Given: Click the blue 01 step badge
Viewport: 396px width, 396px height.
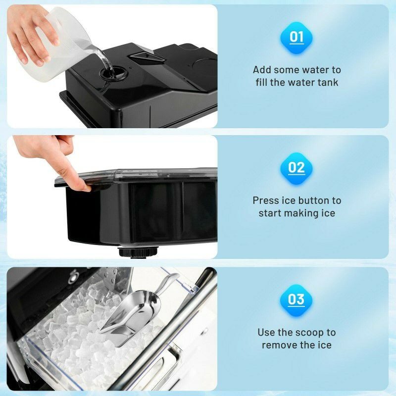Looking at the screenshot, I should tap(297, 37).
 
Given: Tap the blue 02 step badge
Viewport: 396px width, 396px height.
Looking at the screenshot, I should tap(297, 168).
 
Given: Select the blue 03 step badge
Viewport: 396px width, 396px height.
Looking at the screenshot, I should tap(297, 299).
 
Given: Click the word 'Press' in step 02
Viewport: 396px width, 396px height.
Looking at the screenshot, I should tap(266, 200).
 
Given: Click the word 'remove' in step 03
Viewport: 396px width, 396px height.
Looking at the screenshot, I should tap(281, 345).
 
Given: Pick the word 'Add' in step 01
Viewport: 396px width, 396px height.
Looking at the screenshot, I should tap(261, 70).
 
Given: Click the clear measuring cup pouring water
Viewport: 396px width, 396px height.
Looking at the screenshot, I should tap(59, 37).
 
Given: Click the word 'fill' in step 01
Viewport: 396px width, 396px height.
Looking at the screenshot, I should tap(261, 82).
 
